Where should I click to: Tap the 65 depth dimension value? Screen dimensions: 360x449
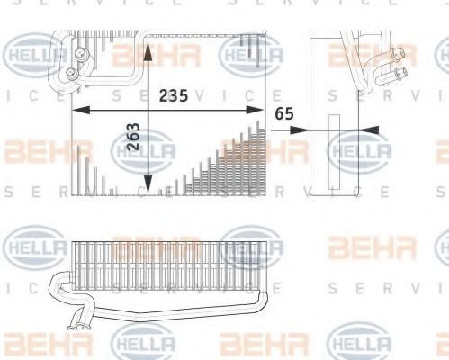click(284, 114)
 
